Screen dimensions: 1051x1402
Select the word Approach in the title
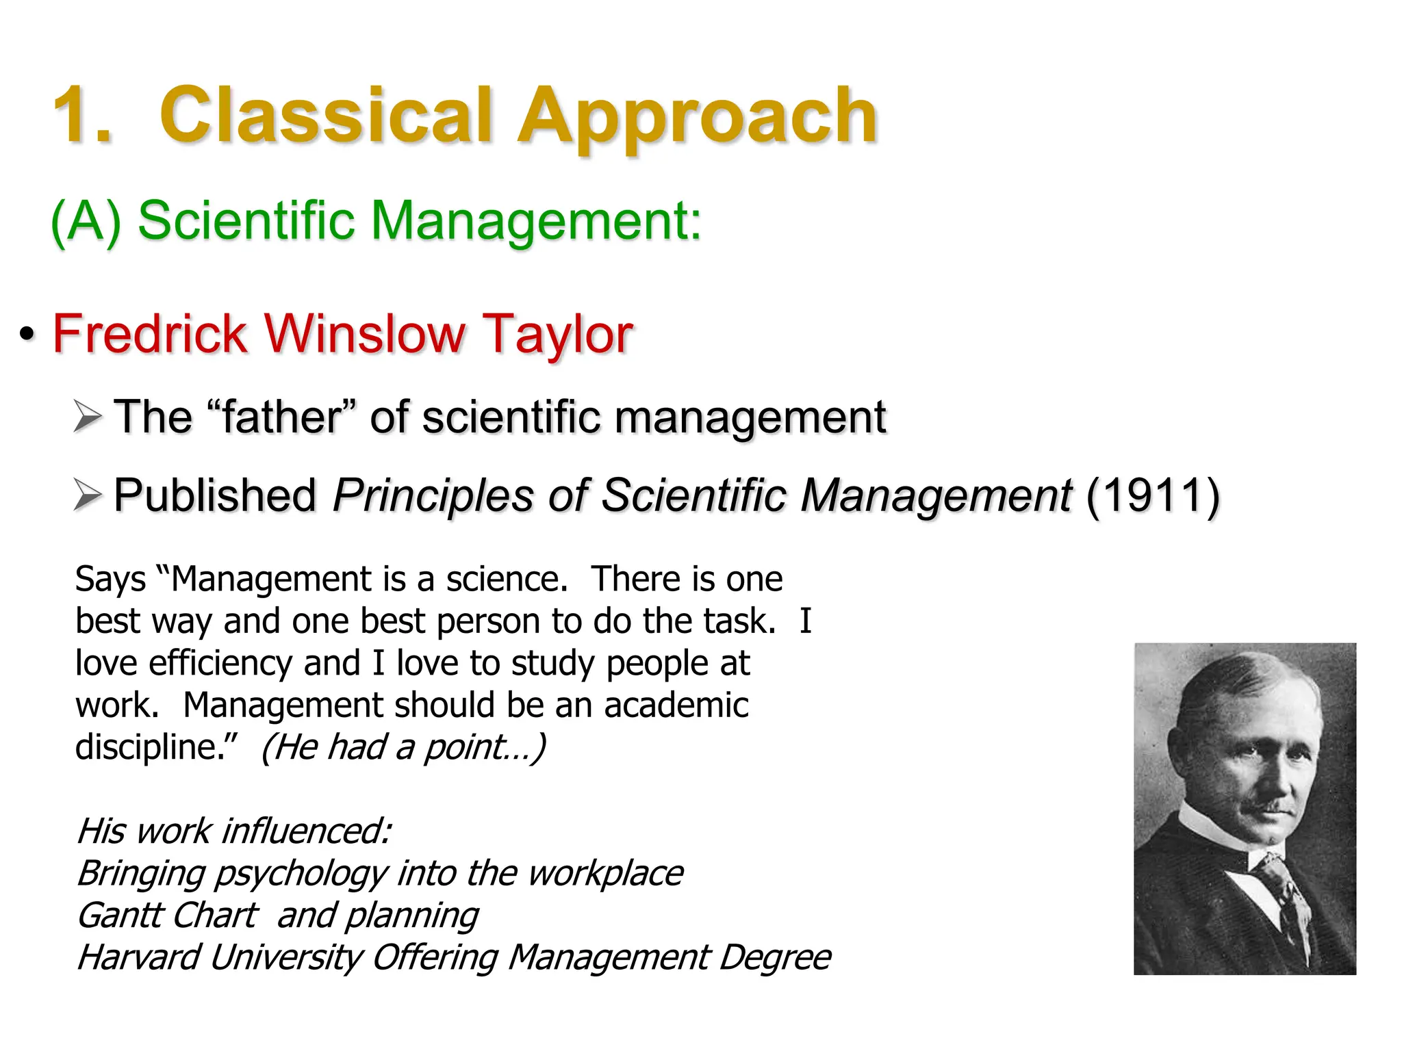[697, 116]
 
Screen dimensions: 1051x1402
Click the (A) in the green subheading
[86, 221]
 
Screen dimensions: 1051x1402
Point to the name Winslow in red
[364, 334]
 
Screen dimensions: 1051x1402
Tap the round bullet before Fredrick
[27, 335]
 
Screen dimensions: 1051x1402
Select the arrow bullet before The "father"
[88, 417]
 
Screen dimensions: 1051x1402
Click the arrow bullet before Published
[88, 495]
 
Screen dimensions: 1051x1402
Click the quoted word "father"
[281, 417]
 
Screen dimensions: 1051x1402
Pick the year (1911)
[1153, 495]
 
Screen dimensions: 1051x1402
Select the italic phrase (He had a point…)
[403, 747]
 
